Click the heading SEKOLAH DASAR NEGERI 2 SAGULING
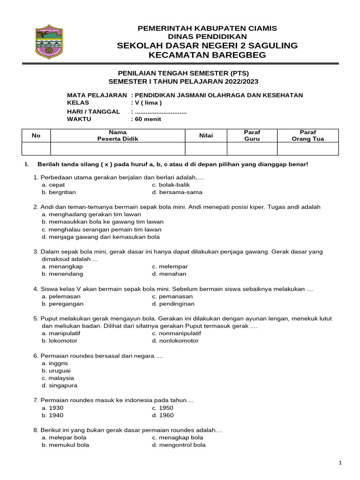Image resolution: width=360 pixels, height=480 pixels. [x=207, y=45]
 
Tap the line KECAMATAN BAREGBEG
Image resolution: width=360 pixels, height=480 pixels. [x=207, y=55]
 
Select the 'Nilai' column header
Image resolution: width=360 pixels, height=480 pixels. [x=206, y=135]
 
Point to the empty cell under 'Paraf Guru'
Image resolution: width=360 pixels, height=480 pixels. [x=252, y=149]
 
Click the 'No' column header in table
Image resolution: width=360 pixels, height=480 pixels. [x=36, y=135]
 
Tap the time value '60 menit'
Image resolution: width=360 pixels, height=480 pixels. [x=148, y=119]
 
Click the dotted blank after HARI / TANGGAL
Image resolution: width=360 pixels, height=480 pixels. [x=160, y=112]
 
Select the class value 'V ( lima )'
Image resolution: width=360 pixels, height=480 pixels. [x=148, y=103]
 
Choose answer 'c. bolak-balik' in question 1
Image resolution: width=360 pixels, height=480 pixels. [x=171, y=185]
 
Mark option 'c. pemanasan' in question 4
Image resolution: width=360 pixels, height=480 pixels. [x=172, y=296]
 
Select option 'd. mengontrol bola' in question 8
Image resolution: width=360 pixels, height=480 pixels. [x=179, y=445]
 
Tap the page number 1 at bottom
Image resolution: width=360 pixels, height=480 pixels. [x=340, y=463]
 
